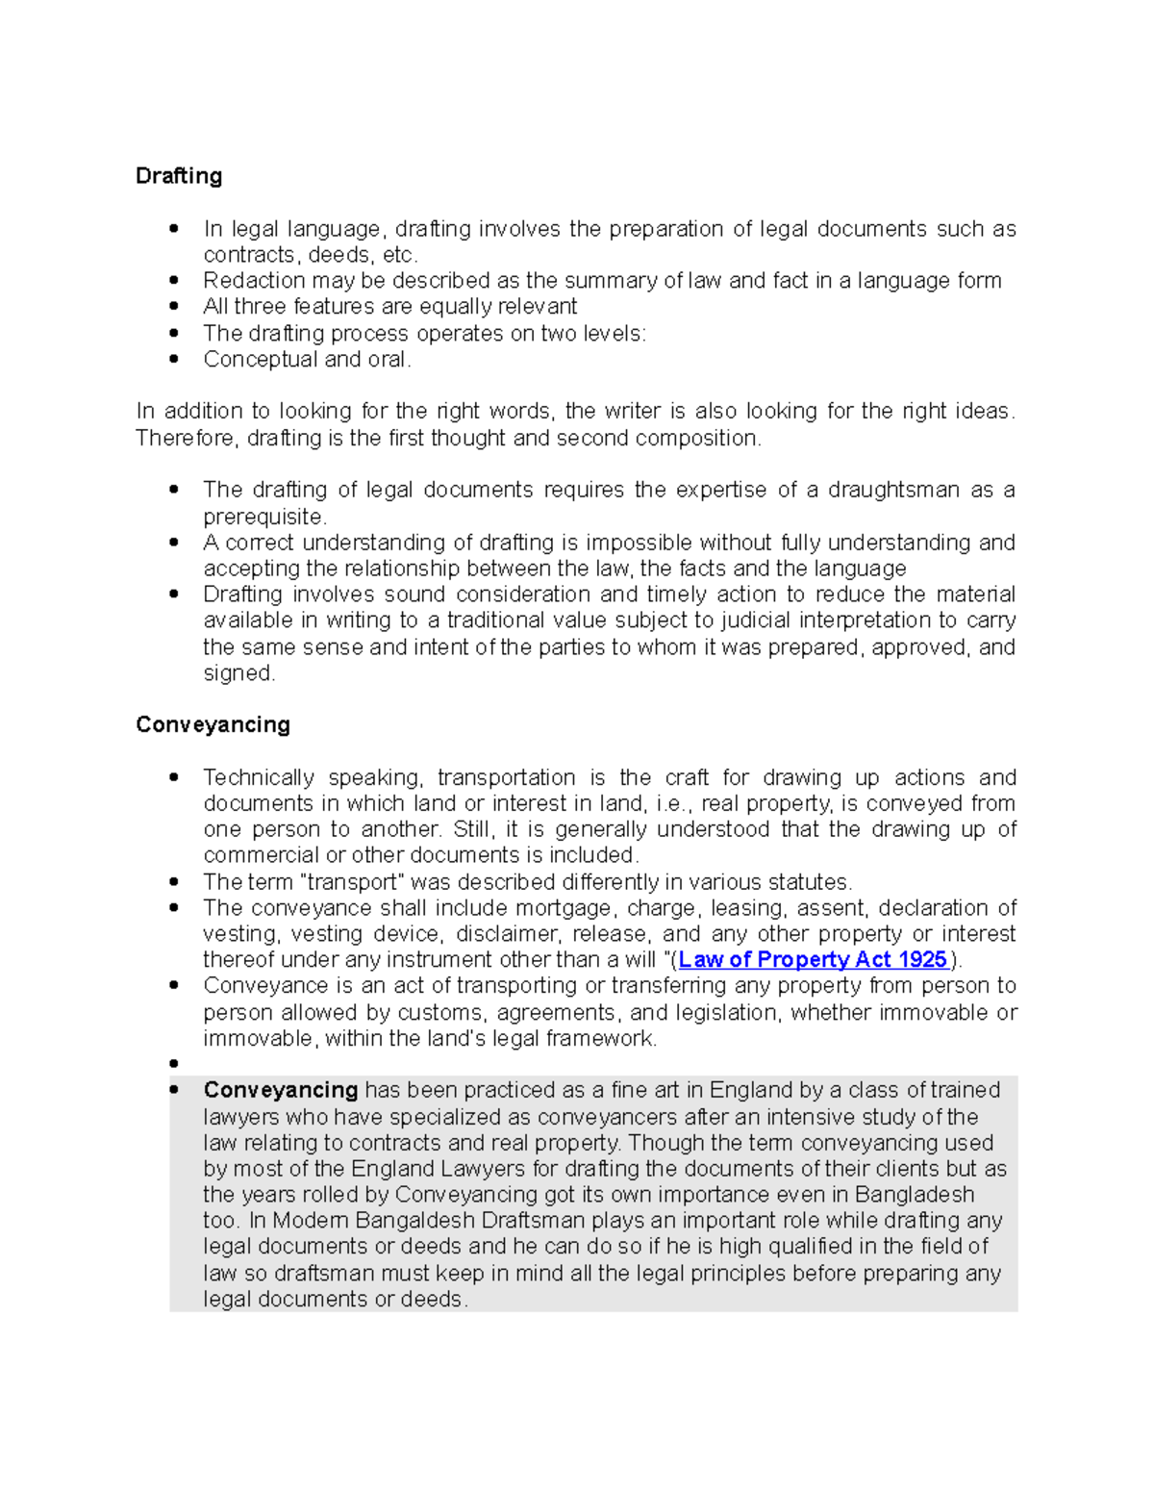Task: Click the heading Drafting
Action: (x=179, y=176)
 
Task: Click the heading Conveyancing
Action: (x=213, y=724)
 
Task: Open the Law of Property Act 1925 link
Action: (x=813, y=960)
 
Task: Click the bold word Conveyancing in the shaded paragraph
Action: (x=281, y=1090)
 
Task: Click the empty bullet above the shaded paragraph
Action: (x=174, y=1064)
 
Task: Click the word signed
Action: (x=238, y=673)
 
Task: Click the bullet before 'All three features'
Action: (x=174, y=307)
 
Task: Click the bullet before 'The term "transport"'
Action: (x=174, y=882)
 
